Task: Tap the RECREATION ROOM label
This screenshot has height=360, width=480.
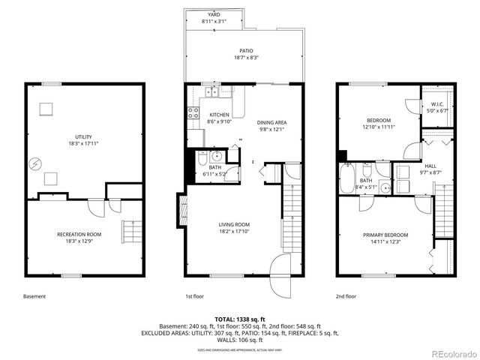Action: coord(79,235)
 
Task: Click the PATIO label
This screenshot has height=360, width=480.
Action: coord(246,51)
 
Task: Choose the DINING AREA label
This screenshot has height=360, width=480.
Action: coord(272,122)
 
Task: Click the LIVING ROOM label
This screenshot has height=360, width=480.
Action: coord(235,224)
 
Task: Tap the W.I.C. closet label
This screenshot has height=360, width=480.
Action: coord(437,104)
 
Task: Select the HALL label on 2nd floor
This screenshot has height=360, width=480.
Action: coord(430,166)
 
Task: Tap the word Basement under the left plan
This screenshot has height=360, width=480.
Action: coord(34,296)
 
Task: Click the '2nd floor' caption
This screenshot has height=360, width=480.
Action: coord(346,296)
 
